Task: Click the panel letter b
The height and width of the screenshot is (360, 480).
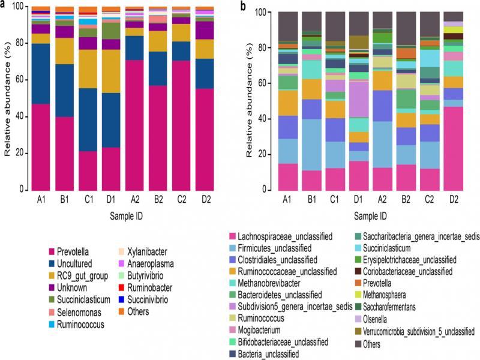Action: pos(242,5)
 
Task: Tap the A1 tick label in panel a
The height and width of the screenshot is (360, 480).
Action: pos(40,200)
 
